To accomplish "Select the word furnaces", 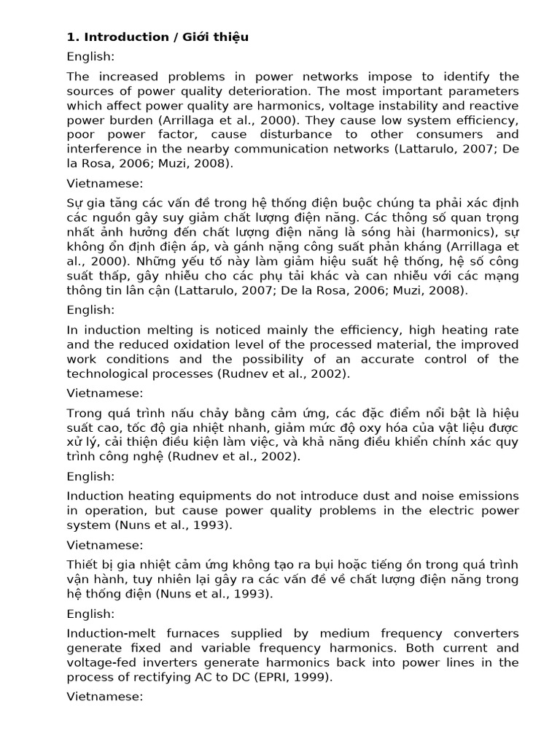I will (194, 633).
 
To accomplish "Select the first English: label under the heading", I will (90, 56).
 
